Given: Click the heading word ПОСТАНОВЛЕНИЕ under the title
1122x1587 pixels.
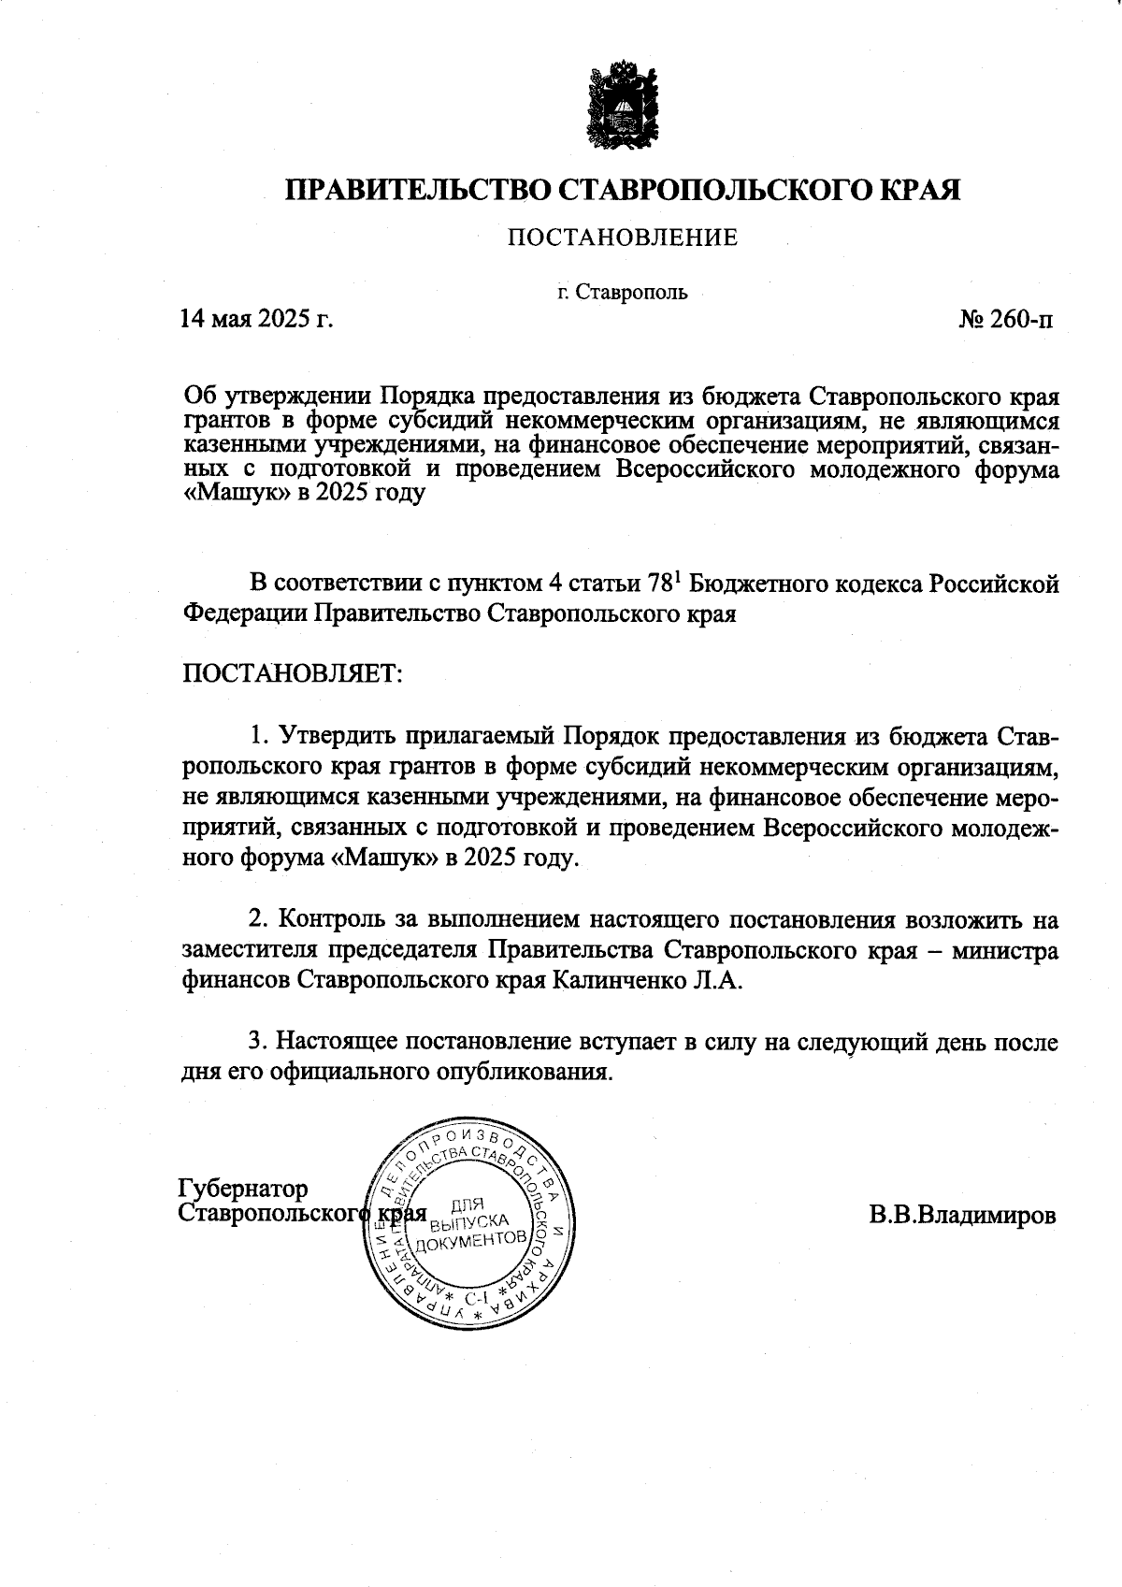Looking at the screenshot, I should [x=623, y=238].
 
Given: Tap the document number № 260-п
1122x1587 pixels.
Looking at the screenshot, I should [x=1006, y=320].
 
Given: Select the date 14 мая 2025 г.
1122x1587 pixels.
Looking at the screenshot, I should [x=256, y=320].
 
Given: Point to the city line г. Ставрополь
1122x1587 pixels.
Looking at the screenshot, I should [x=622, y=293].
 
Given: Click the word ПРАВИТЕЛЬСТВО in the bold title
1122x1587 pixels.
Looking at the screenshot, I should [x=419, y=190].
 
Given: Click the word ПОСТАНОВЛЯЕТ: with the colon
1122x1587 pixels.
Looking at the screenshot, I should [x=291, y=672].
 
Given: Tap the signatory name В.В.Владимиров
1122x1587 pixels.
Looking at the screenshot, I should [x=962, y=1216].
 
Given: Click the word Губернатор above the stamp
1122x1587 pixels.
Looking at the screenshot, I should [x=242, y=1189].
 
